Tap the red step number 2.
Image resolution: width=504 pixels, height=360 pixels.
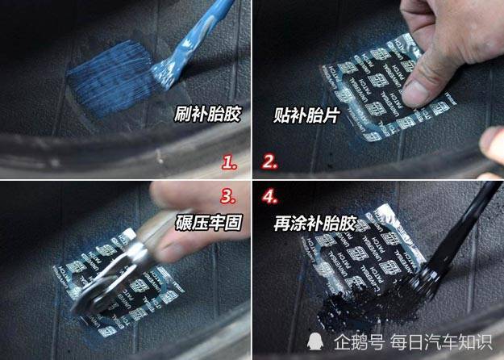[x=269, y=162]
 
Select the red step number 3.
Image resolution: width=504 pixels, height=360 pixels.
[x=229, y=196]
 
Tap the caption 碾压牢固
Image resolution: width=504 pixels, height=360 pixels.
[x=206, y=220]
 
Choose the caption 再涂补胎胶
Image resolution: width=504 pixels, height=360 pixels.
[x=312, y=220]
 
